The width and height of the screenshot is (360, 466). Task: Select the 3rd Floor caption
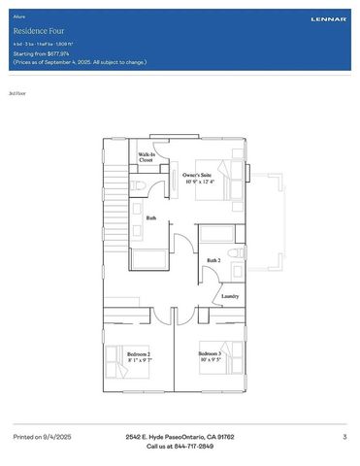pos(16,94)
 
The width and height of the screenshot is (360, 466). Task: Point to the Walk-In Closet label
pos(147,157)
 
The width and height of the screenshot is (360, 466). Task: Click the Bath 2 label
pos(213,260)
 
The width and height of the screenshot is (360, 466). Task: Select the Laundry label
pos(230,296)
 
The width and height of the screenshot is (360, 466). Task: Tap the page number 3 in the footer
pos(344,438)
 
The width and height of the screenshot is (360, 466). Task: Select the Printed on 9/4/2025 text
pos(42,438)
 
